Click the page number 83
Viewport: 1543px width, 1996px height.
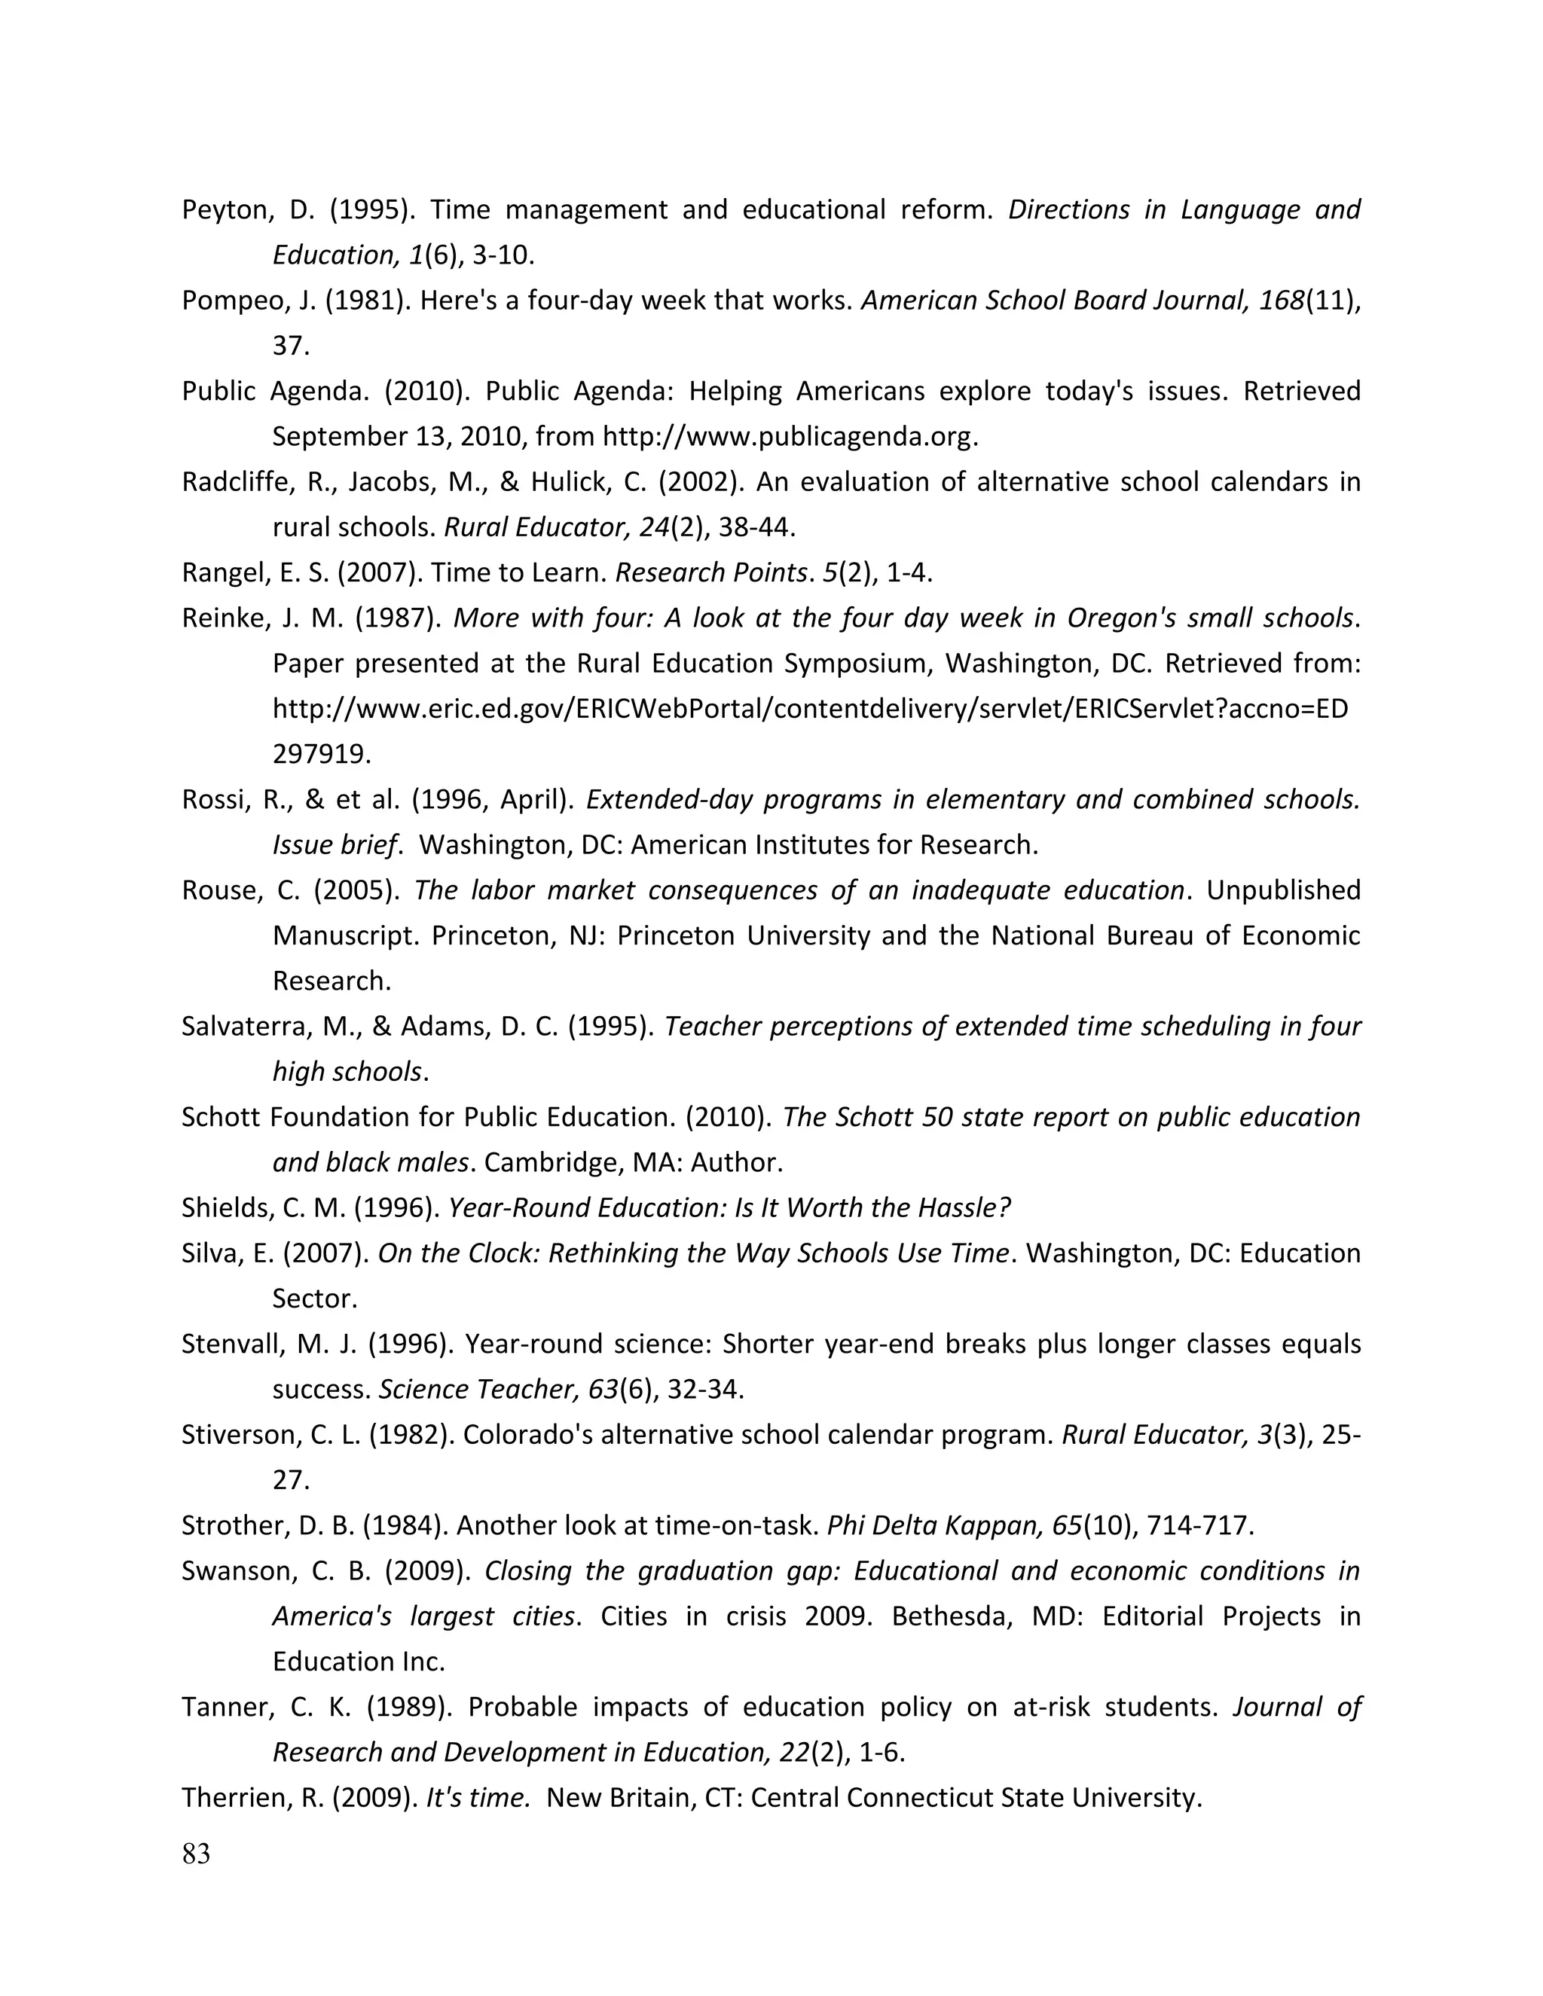click(x=196, y=1854)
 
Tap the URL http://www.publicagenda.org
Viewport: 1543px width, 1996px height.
click(x=789, y=437)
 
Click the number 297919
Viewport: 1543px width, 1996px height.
click(x=320, y=755)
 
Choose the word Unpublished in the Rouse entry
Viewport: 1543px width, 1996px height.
click(x=1283, y=890)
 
